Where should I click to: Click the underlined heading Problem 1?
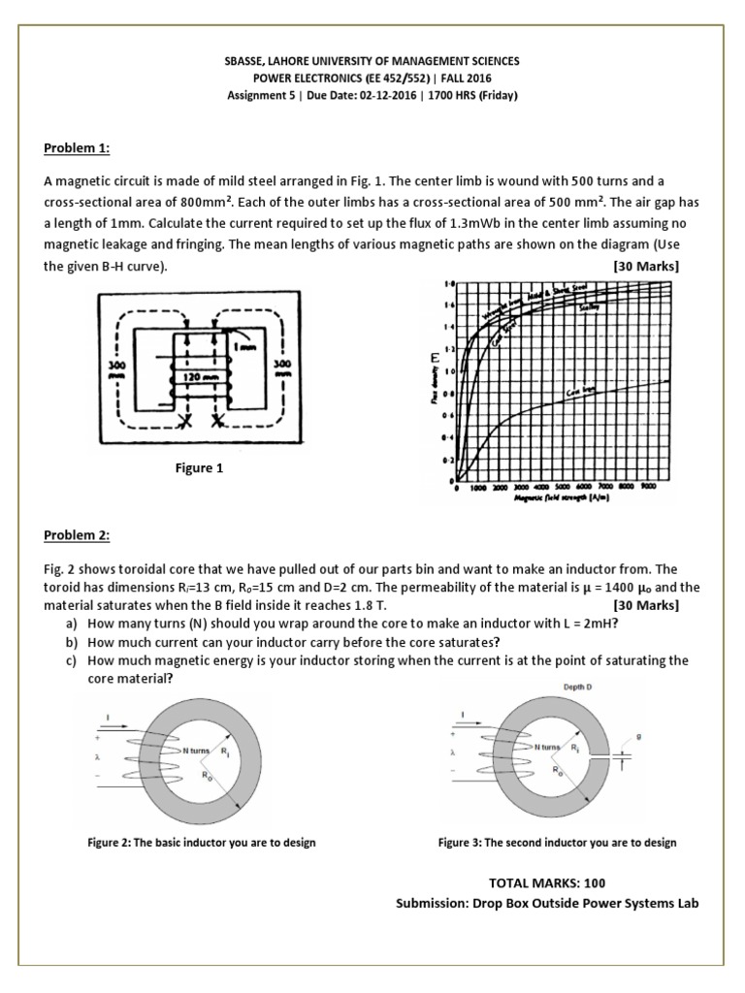click(x=77, y=148)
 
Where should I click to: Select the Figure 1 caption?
click(x=199, y=468)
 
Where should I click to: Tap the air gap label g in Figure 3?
click(x=639, y=737)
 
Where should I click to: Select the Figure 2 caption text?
click(x=201, y=843)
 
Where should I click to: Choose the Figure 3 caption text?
click(x=557, y=843)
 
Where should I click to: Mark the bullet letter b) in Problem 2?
click(x=71, y=642)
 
